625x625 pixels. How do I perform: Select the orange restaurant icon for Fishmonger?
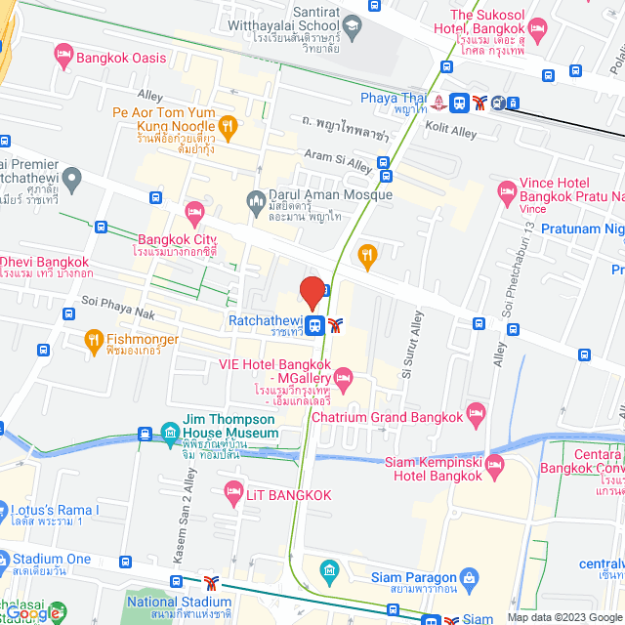coord(94,341)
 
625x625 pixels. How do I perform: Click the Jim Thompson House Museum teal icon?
coord(170,432)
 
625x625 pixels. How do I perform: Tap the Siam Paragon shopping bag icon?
coord(470,580)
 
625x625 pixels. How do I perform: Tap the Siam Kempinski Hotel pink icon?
coord(494,463)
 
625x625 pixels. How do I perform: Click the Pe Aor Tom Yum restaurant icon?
coord(228,125)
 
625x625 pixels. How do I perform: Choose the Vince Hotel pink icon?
coord(506,189)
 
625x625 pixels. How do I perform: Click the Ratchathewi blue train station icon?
coord(314,326)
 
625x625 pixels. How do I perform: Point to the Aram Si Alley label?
coord(339,161)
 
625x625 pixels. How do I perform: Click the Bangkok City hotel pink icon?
coord(194,210)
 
